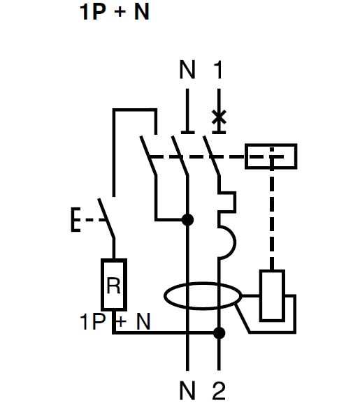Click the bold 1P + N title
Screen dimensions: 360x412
tap(115, 12)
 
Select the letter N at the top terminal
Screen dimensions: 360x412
tap(187, 69)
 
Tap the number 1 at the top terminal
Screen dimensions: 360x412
tap(217, 69)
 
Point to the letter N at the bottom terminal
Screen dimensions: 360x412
tap(187, 390)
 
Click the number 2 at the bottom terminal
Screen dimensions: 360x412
tap(219, 390)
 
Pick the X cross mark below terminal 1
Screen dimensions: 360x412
tap(219, 117)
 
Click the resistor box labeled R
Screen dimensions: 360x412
tap(114, 285)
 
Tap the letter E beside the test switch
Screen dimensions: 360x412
tap(75, 220)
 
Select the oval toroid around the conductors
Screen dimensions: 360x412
tap(203, 296)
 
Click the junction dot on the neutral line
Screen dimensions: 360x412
tap(187, 220)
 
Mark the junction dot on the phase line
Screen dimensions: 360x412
tap(219, 333)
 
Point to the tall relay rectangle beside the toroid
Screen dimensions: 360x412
tap(272, 295)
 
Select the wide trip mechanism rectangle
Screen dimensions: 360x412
tap(271, 156)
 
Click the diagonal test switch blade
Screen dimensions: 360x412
tap(106, 219)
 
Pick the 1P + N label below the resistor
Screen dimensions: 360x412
tap(115, 321)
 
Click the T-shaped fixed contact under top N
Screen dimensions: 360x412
tap(187, 112)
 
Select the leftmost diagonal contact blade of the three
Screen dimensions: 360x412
tap(149, 156)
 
